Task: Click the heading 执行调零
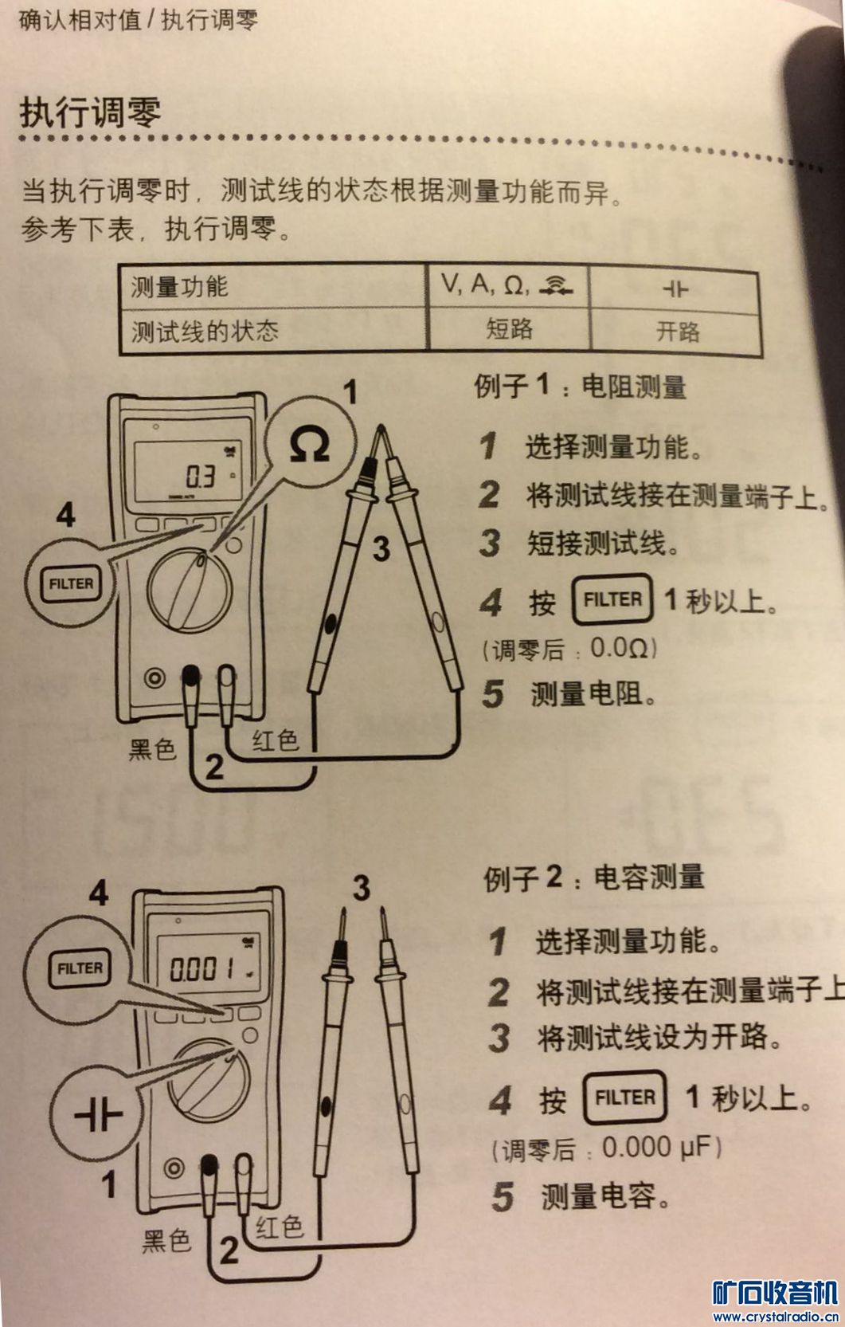point(90,112)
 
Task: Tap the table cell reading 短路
point(509,329)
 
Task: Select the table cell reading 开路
point(678,332)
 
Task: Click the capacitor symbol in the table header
point(675,289)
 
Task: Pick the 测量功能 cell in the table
point(179,287)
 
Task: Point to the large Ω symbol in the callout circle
point(309,444)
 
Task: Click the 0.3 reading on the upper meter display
point(201,476)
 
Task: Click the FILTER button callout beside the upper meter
point(70,584)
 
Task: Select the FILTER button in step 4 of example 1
point(612,599)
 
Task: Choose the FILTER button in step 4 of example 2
point(624,1097)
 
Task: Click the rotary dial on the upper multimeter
point(190,590)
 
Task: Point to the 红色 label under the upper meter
point(275,740)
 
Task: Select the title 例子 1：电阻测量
point(580,387)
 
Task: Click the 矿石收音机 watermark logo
point(775,1294)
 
